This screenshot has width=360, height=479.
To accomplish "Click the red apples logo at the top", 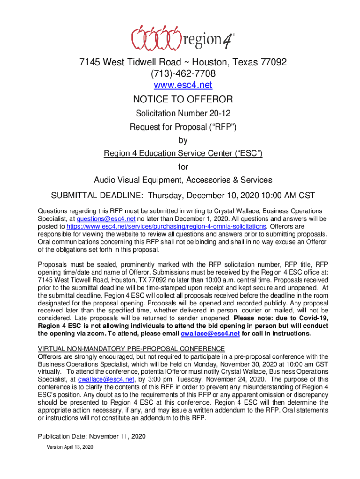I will click(156, 38).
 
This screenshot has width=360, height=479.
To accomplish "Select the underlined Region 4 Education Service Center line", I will click(183, 154).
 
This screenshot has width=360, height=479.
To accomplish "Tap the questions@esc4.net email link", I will click(100, 219).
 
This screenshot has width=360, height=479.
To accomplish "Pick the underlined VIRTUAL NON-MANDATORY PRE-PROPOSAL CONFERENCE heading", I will click(131, 349).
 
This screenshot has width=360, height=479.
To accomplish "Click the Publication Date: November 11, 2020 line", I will click(92, 436).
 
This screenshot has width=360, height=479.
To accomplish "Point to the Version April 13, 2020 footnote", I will click(70, 447).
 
